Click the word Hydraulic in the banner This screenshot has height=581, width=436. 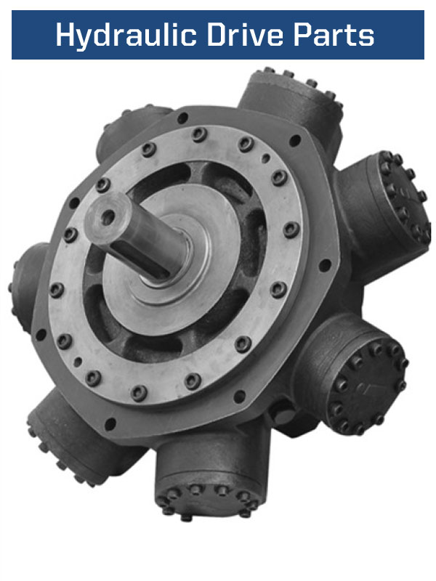(x=126, y=36)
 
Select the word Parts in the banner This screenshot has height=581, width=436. (x=334, y=35)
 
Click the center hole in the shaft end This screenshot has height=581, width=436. (x=108, y=216)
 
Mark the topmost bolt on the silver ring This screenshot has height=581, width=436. (x=199, y=134)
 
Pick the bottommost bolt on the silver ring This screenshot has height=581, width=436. (x=139, y=393)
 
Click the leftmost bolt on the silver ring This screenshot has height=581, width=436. (x=57, y=290)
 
